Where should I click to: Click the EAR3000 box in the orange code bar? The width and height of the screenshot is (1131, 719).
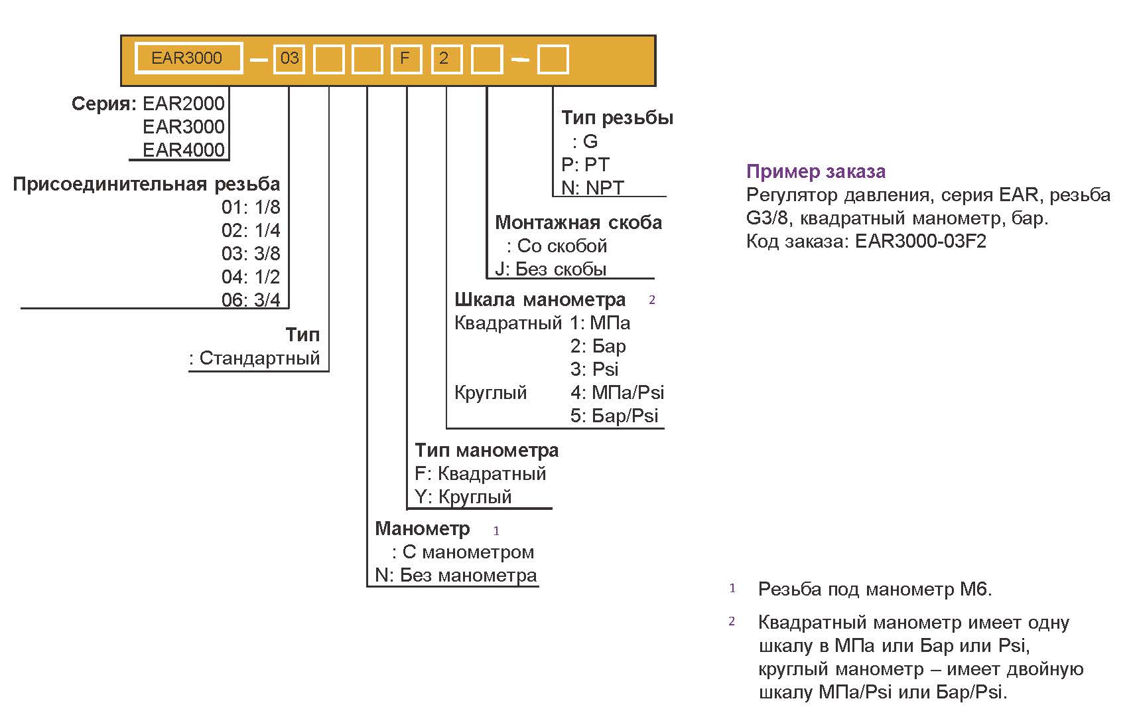pyautogui.click(x=188, y=58)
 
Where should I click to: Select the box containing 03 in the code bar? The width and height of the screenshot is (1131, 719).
pyautogui.click(x=289, y=59)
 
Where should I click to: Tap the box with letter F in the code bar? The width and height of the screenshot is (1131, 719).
pyautogui.click(x=405, y=59)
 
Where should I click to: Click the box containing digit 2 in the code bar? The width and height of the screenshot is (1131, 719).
pyautogui.click(x=444, y=59)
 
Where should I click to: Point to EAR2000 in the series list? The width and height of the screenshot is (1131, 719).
pyautogui.click(x=184, y=104)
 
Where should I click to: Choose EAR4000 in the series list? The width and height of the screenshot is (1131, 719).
pyautogui.click(x=184, y=150)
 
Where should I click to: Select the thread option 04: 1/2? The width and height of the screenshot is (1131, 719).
pyautogui.click(x=251, y=277)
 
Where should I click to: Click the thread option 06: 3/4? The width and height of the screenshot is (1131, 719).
pyautogui.click(x=251, y=300)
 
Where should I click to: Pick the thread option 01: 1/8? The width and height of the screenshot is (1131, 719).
pyautogui.click(x=251, y=207)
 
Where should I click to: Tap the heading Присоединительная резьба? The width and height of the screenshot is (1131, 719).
pyautogui.click(x=147, y=184)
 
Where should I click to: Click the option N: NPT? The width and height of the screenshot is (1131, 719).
pyautogui.click(x=592, y=188)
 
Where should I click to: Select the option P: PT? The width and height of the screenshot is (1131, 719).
pyautogui.click(x=585, y=165)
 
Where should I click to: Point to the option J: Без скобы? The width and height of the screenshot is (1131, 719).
pyautogui.click(x=551, y=269)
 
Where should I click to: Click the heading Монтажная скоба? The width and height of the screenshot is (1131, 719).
pyautogui.click(x=578, y=222)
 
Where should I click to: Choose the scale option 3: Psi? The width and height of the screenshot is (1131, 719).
pyautogui.click(x=594, y=369)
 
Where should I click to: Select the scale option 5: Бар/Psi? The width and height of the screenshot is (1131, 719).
pyautogui.click(x=614, y=416)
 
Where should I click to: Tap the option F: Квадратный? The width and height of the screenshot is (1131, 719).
pyautogui.click(x=480, y=473)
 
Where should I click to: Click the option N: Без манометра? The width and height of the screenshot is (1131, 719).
pyautogui.click(x=456, y=575)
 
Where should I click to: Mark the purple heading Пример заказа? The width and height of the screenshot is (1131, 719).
pyautogui.click(x=816, y=171)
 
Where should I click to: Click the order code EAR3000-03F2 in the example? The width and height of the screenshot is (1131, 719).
pyautogui.click(x=921, y=241)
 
